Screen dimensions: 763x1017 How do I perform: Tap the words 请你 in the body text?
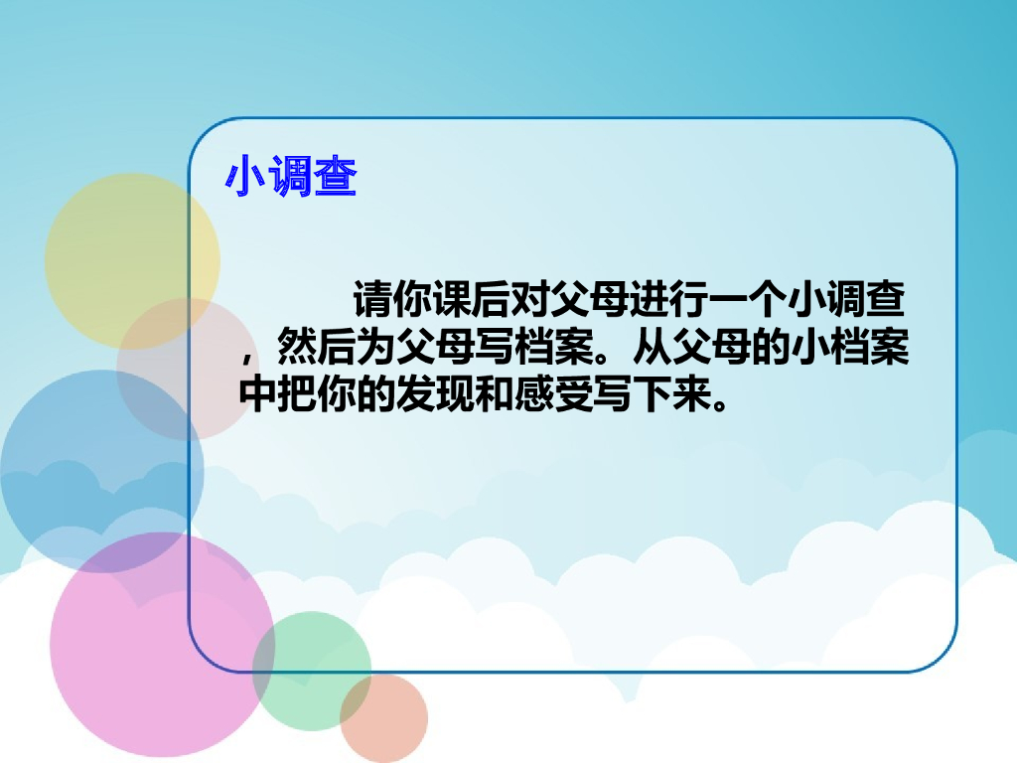tap(387, 298)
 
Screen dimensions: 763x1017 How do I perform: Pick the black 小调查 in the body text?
tap(844, 298)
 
